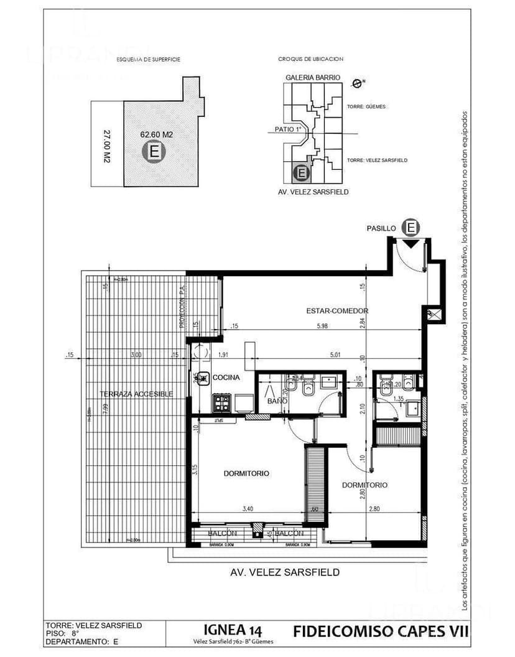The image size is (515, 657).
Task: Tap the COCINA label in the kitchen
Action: [x=226, y=378]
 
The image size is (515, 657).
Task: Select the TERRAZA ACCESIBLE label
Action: [x=136, y=394]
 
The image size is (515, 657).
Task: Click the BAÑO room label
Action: [x=277, y=401]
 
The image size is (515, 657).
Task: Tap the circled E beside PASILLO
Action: [x=411, y=228]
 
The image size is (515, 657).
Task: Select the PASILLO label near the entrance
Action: [x=381, y=228]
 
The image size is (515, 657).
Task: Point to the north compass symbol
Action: [x=357, y=82]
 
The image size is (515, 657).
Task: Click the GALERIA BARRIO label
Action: [x=313, y=77]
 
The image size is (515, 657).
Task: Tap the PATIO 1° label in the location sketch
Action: [x=287, y=129]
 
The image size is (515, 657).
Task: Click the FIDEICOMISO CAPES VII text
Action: [x=380, y=631]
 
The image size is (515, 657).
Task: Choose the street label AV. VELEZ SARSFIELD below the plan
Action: [x=285, y=572]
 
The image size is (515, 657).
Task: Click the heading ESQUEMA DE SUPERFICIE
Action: [x=149, y=59]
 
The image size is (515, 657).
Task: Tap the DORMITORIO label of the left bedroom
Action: [x=246, y=473]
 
